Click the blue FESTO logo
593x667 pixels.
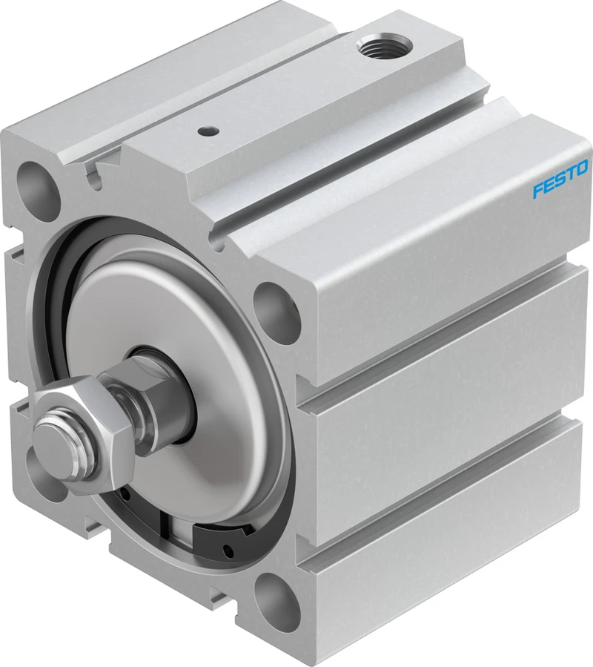pos(560,179)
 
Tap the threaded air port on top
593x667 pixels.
pos(383,45)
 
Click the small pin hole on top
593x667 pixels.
pos(206,132)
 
